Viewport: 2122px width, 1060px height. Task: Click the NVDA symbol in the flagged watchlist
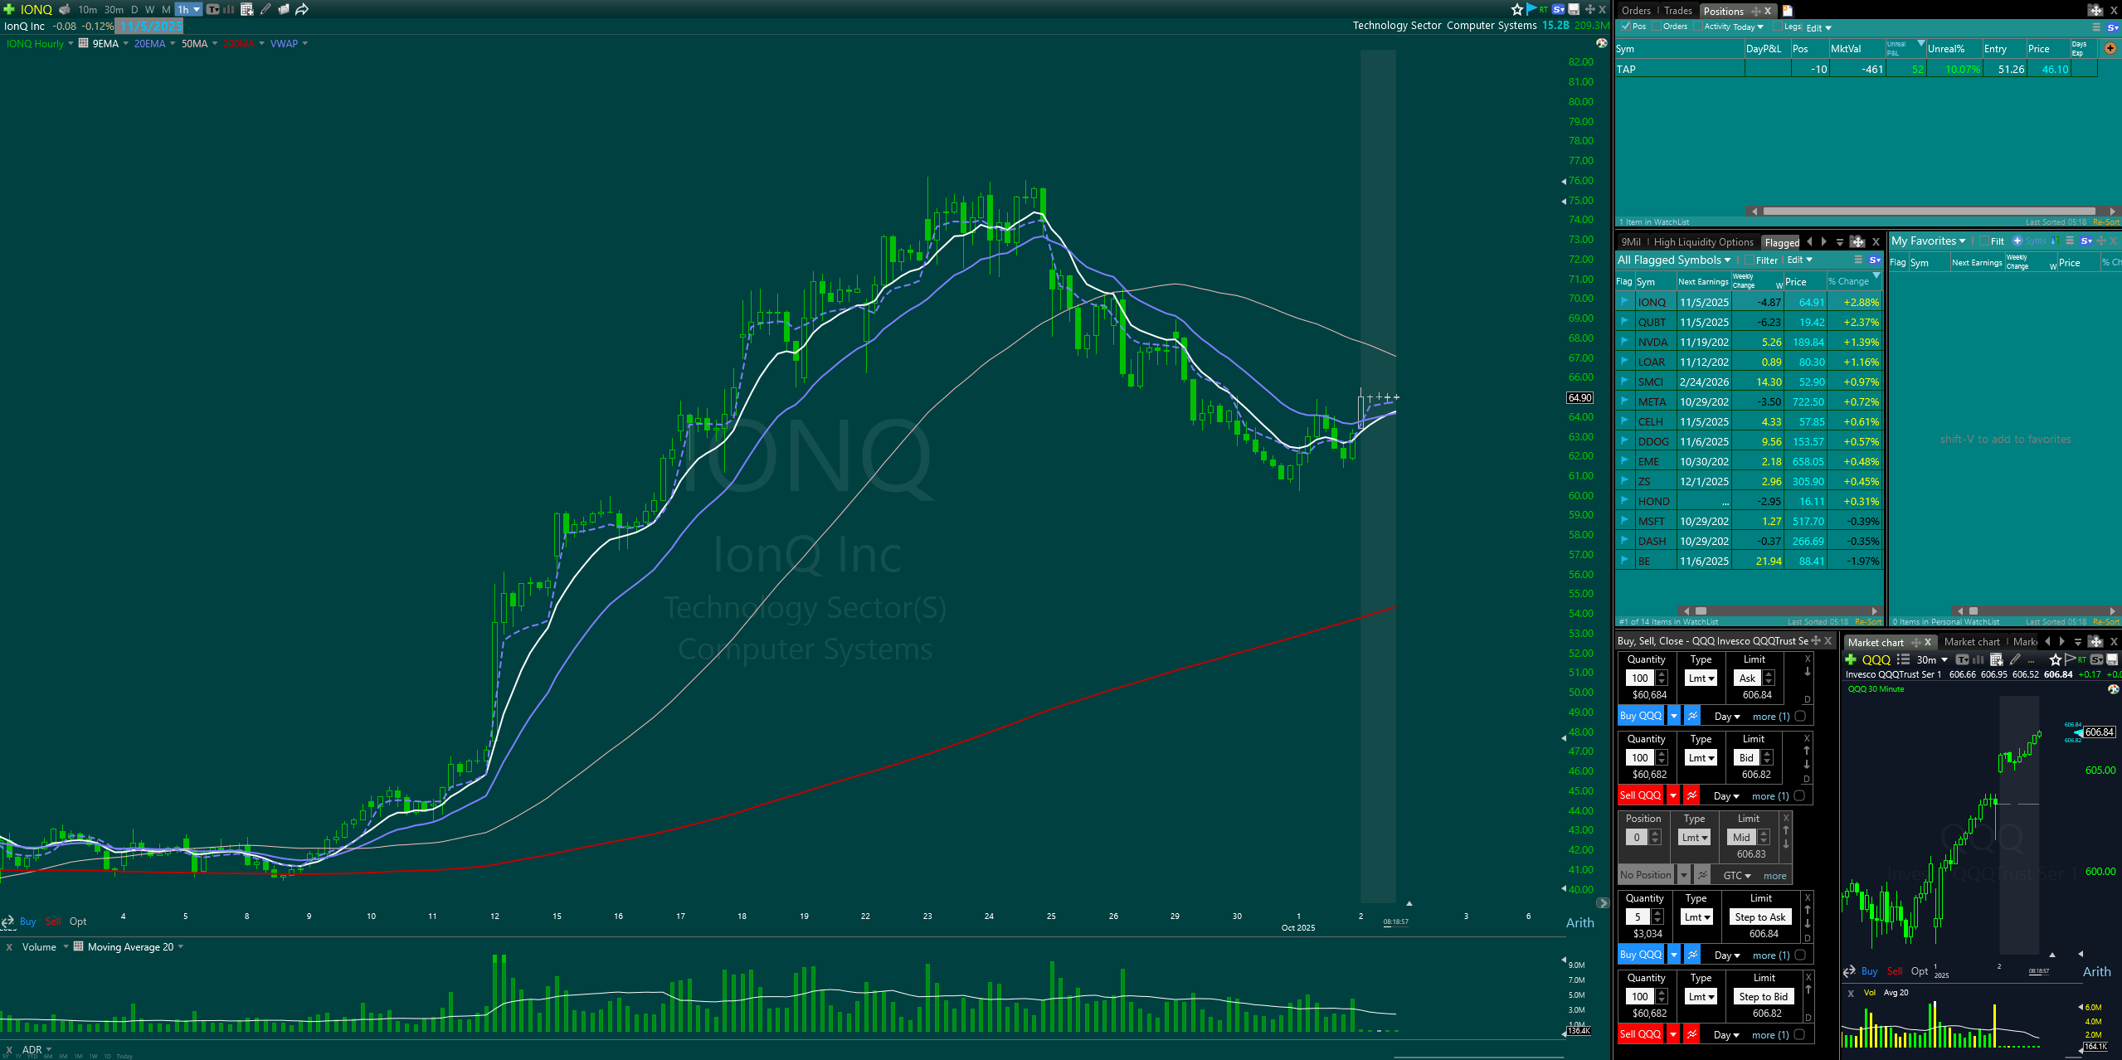1652,343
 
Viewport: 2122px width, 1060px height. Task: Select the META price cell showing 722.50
1808,402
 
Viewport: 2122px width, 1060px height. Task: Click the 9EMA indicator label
105,44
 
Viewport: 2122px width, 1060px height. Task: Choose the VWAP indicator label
284,44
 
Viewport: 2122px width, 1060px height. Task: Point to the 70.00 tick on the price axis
1580,299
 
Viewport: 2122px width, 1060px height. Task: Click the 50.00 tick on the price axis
1580,693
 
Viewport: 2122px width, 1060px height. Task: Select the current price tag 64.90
1579,398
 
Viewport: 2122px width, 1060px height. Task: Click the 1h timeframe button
183,10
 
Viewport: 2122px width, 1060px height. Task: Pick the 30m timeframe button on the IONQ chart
114,10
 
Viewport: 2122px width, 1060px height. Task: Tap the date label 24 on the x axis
989,917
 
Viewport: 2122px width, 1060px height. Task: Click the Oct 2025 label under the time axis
1297,928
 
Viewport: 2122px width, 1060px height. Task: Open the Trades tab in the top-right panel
1677,11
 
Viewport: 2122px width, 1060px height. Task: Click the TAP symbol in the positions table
1626,70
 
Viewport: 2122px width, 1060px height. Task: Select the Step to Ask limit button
1759,917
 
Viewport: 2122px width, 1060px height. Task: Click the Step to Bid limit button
1763,997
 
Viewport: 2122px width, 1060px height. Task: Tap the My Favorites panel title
1923,241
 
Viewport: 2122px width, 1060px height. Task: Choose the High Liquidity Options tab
1703,242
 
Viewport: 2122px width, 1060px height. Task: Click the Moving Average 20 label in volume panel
130,947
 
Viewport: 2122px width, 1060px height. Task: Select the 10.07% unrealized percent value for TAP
1962,70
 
